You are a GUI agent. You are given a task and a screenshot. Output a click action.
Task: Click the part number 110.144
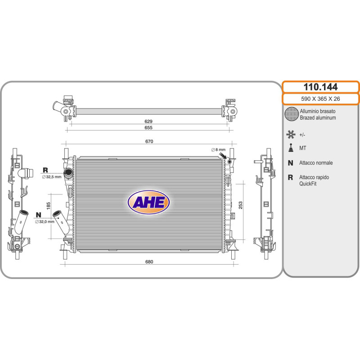point(320,87)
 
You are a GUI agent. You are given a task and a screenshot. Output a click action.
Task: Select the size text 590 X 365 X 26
point(320,99)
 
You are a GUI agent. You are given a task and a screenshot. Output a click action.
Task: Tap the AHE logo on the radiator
point(149,202)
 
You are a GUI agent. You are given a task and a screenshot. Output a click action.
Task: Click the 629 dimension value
point(148,121)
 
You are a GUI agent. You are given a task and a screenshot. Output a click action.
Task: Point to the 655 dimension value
point(148,128)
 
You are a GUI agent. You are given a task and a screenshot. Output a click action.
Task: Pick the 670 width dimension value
point(149,141)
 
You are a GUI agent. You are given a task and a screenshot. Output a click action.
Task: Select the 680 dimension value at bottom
point(149,262)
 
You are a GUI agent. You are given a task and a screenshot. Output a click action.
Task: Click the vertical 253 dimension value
point(241,205)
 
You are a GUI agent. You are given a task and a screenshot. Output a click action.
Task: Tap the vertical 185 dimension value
point(49,206)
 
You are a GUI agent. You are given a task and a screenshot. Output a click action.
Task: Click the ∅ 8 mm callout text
point(218,150)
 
